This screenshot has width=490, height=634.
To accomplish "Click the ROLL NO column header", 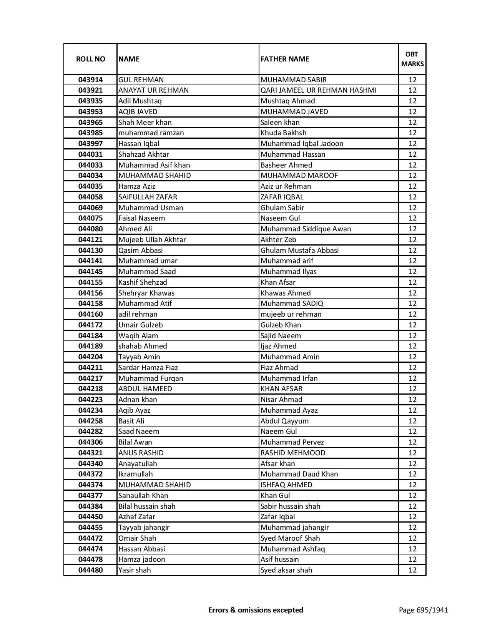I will [x=90, y=59].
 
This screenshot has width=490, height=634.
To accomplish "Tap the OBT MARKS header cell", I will [x=412, y=59].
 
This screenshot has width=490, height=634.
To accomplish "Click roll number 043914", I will [x=90, y=80].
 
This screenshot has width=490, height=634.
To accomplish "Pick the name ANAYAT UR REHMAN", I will [x=153, y=90].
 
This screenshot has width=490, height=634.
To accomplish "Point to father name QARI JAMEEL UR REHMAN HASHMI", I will [x=318, y=90].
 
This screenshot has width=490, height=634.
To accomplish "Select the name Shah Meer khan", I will [x=145, y=123].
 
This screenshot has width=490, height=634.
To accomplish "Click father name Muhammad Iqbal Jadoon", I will [x=302, y=144].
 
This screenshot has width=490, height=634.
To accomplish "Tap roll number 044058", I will [x=90, y=197].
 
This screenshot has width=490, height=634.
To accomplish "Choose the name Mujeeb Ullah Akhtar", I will [x=152, y=240].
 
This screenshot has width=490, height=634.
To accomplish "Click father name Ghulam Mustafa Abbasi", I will [x=299, y=251].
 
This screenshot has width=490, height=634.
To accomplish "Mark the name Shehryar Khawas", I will [x=146, y=293].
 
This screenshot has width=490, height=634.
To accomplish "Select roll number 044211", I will [x=90, y=368].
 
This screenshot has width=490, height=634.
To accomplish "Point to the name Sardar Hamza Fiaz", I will [x=148, y=368].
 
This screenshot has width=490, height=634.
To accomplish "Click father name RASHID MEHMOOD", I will [x=292, y=453].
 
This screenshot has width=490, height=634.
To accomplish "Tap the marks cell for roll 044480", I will [x=412, y=570].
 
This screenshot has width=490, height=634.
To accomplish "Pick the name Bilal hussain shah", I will [x=147, y=506].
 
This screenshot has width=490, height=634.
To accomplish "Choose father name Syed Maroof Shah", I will [x=290, y=538].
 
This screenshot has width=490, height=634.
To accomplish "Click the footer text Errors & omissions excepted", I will [x=256, y=610].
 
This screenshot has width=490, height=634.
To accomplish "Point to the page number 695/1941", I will [x=423, y=610].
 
